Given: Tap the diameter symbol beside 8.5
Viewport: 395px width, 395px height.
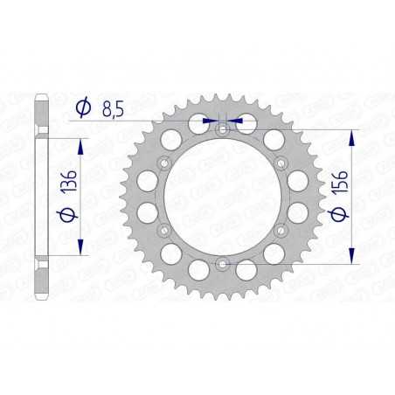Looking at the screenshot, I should tap(84, 107).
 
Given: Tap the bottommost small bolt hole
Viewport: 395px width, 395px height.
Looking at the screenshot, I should tap(222, 262).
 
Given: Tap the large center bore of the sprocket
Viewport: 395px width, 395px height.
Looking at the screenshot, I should tap(222, 196).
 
